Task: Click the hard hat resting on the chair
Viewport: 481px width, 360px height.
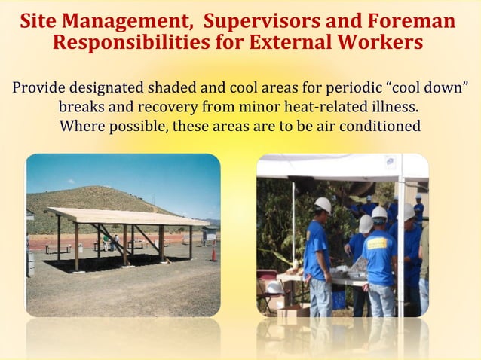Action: pos(274,287)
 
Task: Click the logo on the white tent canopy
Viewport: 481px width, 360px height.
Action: pos(390,161)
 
